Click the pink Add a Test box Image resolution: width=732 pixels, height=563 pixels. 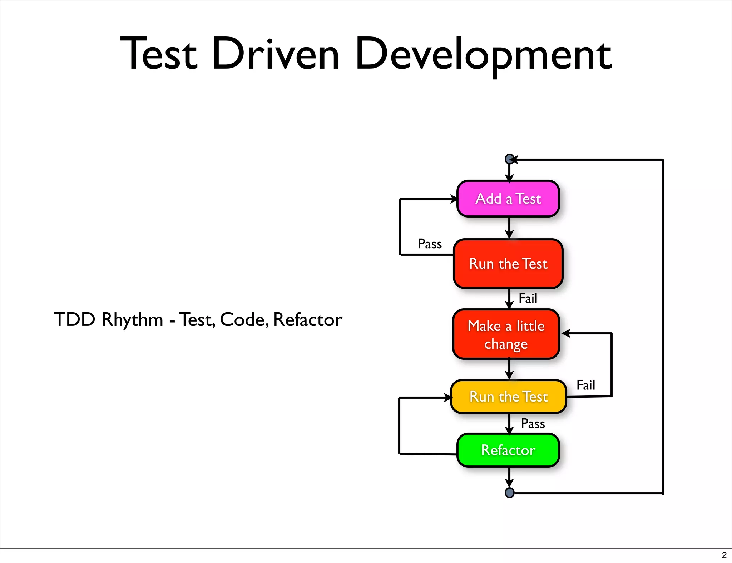coord(508,199)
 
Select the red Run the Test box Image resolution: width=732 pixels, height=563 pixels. coord(508,264)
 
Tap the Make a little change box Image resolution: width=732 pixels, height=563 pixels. coord(506,334)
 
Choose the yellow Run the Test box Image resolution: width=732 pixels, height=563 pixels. coord(508,397)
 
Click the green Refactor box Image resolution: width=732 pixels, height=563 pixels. coord(508,450)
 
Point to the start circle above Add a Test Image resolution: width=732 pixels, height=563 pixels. coord(509,159)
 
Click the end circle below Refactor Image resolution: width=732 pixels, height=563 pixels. coord(509,493)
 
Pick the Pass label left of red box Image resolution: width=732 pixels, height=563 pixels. coord(430,244)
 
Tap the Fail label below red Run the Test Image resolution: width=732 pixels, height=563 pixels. coord(528,298)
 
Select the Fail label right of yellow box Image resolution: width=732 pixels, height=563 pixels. coord(586,385)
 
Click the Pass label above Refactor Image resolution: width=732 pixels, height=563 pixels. coord(533,424)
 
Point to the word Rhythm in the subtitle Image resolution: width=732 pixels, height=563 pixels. coord(132,320)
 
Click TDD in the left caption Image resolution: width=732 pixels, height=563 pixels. coord(74,319)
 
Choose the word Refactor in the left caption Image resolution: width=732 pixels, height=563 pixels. coord(308,319)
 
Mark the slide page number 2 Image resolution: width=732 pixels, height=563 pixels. coord(724,555)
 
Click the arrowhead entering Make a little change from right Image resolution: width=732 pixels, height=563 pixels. coord(566,334)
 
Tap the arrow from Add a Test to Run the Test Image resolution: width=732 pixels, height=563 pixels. coord(509,229)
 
